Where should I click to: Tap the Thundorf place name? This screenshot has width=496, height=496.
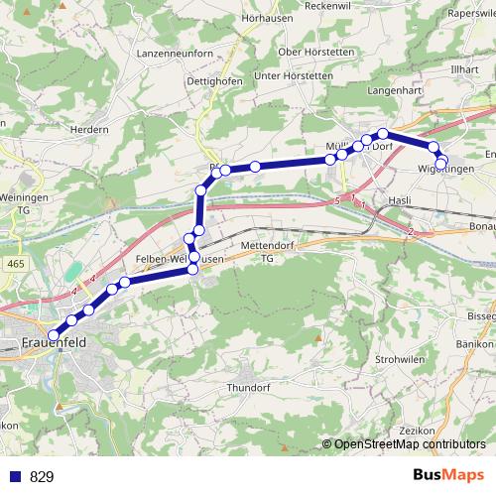click(x=248, y=388)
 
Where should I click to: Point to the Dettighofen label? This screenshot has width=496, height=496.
click(x=213, y=81)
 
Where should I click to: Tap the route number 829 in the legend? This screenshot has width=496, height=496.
click(x=42, y=476)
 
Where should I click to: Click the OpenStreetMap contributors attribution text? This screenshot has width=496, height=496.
click(x=409, y=444)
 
